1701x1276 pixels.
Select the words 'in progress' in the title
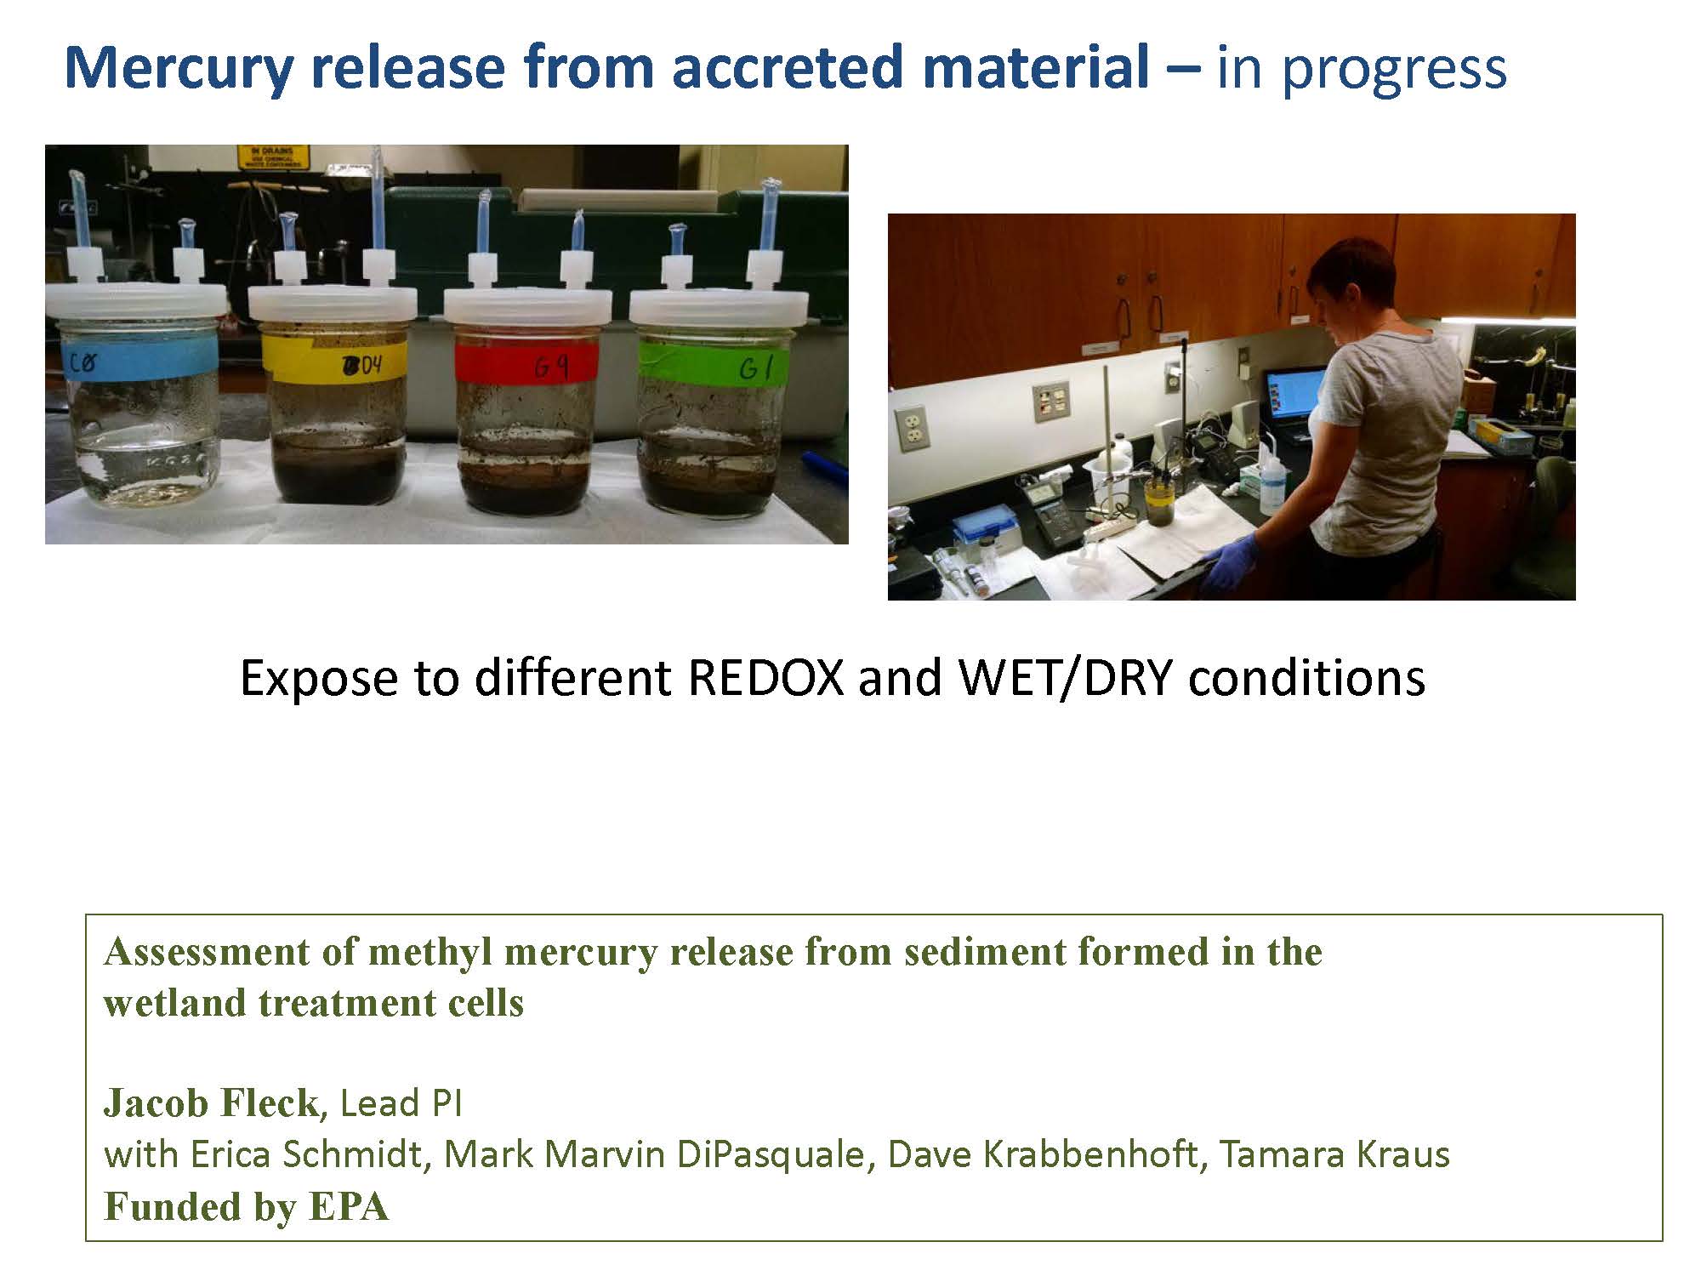point(1362,68)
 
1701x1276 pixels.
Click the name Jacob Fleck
point(211,1103)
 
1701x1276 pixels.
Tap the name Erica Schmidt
point(305,1154)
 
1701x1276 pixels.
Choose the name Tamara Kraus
point(1335,1154)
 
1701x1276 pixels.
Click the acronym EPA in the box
point(349,1206)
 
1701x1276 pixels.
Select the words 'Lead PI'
point(401,1103)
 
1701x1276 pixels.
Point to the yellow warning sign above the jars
point(274,157)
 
